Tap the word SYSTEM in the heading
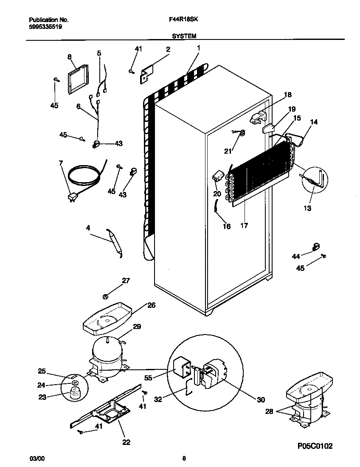click(x=184, y=37)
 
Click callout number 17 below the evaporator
click(x=245, y=225)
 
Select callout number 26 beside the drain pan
click(x=152, y=305)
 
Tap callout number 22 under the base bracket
click(x=126, y=442)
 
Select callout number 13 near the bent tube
click(x=307, y=208)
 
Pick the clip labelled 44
click(x=315, y=247)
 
